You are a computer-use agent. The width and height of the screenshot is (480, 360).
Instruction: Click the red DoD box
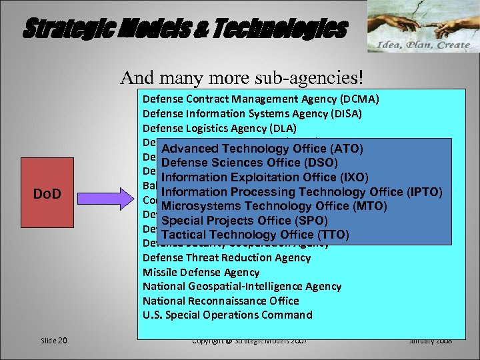pyautogui.click(x=48, y=194)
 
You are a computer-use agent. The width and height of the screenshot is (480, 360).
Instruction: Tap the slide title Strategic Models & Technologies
pyautogui.click(x=185, y=29)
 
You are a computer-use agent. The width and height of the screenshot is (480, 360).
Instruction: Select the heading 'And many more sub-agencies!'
pyautogui.click(x=242, y=77)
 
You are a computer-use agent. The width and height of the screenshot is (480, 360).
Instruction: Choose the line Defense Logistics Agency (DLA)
pyautogui.click(x=219, y=128)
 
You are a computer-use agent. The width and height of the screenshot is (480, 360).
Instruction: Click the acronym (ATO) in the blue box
pyautogui.click(x=347, y=148)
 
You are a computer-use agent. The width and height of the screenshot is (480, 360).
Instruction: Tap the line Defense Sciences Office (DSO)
pyautogui.click(x=249, y=163)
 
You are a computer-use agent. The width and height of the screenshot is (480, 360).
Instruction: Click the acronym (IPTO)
pyautogui.click(x=423, y=192)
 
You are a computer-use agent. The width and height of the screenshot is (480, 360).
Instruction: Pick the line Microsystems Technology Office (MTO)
pyautogui.click(x=273, y=206)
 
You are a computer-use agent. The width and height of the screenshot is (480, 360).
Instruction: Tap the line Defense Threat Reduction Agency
pyautogui.click(x=227, y=257)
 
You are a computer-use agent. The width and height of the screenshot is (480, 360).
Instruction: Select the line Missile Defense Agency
pyautogui.click(x=201, y=272)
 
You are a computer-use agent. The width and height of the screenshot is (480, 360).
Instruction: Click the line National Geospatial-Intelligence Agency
pyautogui.click(x=242, y=286)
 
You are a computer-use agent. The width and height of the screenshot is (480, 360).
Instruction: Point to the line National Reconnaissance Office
pyautogui.click(x=221, y=301)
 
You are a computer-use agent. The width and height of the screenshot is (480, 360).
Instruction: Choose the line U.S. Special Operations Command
pyautogui.click(x=227, y=315)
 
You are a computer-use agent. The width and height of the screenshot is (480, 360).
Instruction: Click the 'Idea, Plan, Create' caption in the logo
pyautogui.click(x=424, y=45)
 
